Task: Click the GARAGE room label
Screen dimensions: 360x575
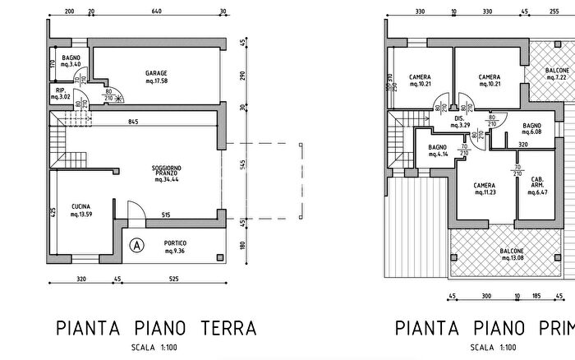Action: pos(156,76)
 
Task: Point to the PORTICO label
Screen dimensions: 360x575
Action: pos(175,247)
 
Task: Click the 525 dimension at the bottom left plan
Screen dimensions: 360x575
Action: pos(173,279)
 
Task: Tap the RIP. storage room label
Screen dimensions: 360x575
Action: pos(61,92)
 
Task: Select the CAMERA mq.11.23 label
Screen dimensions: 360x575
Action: pos(484,189)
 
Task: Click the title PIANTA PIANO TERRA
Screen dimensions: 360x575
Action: pos(156,329)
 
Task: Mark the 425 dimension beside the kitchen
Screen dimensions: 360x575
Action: pos(53,212)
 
